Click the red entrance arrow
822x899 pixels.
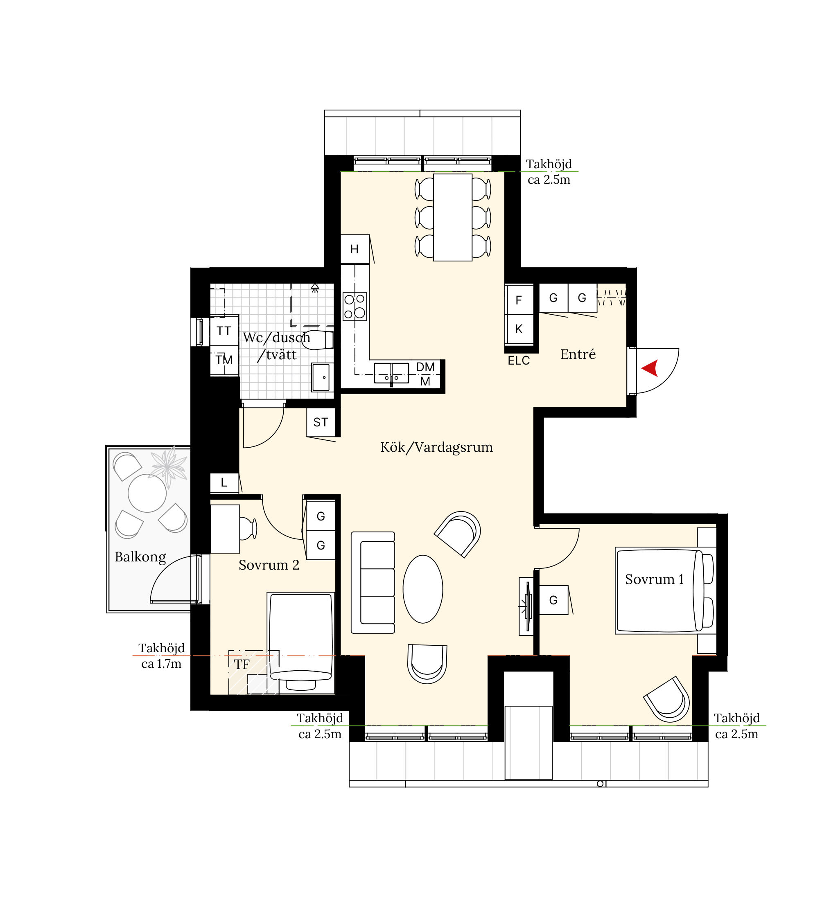point(651,368)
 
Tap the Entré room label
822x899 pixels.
point(578,354)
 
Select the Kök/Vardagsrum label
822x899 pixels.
point(437,447)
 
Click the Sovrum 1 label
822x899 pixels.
point(654,579)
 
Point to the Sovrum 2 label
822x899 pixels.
point(269,565)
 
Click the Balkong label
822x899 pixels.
point(140,557)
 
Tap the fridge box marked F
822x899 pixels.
point(519,300)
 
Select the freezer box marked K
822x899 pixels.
point(519,329)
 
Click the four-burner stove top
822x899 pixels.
point(355,306)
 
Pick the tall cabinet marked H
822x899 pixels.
point(355,249)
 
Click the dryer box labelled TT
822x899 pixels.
point(224,331)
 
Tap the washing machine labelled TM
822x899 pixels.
point(224,360)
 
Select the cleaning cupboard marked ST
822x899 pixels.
point(321,422)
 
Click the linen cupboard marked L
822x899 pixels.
point(224,482)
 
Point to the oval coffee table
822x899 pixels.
point(423,589)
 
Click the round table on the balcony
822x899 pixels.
point(147,493)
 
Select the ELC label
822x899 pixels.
point(519,361)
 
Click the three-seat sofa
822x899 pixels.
point(373,582)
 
